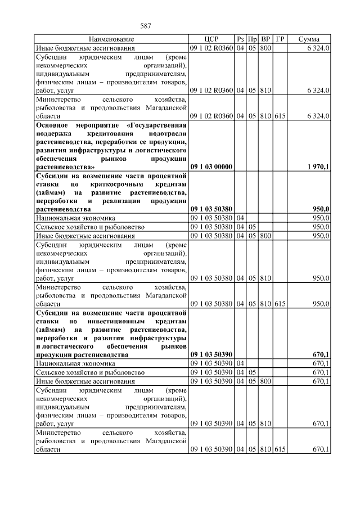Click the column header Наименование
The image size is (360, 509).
click(x=111, y=39)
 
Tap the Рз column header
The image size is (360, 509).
click(x=240, y=39)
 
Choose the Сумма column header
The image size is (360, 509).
click(x=309, y=39)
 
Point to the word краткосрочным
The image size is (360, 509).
click(x=120, y=184)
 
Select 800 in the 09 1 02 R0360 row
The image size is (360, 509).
click(x=266, y=49)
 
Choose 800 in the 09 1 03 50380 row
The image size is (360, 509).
click(x=266, y=236)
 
